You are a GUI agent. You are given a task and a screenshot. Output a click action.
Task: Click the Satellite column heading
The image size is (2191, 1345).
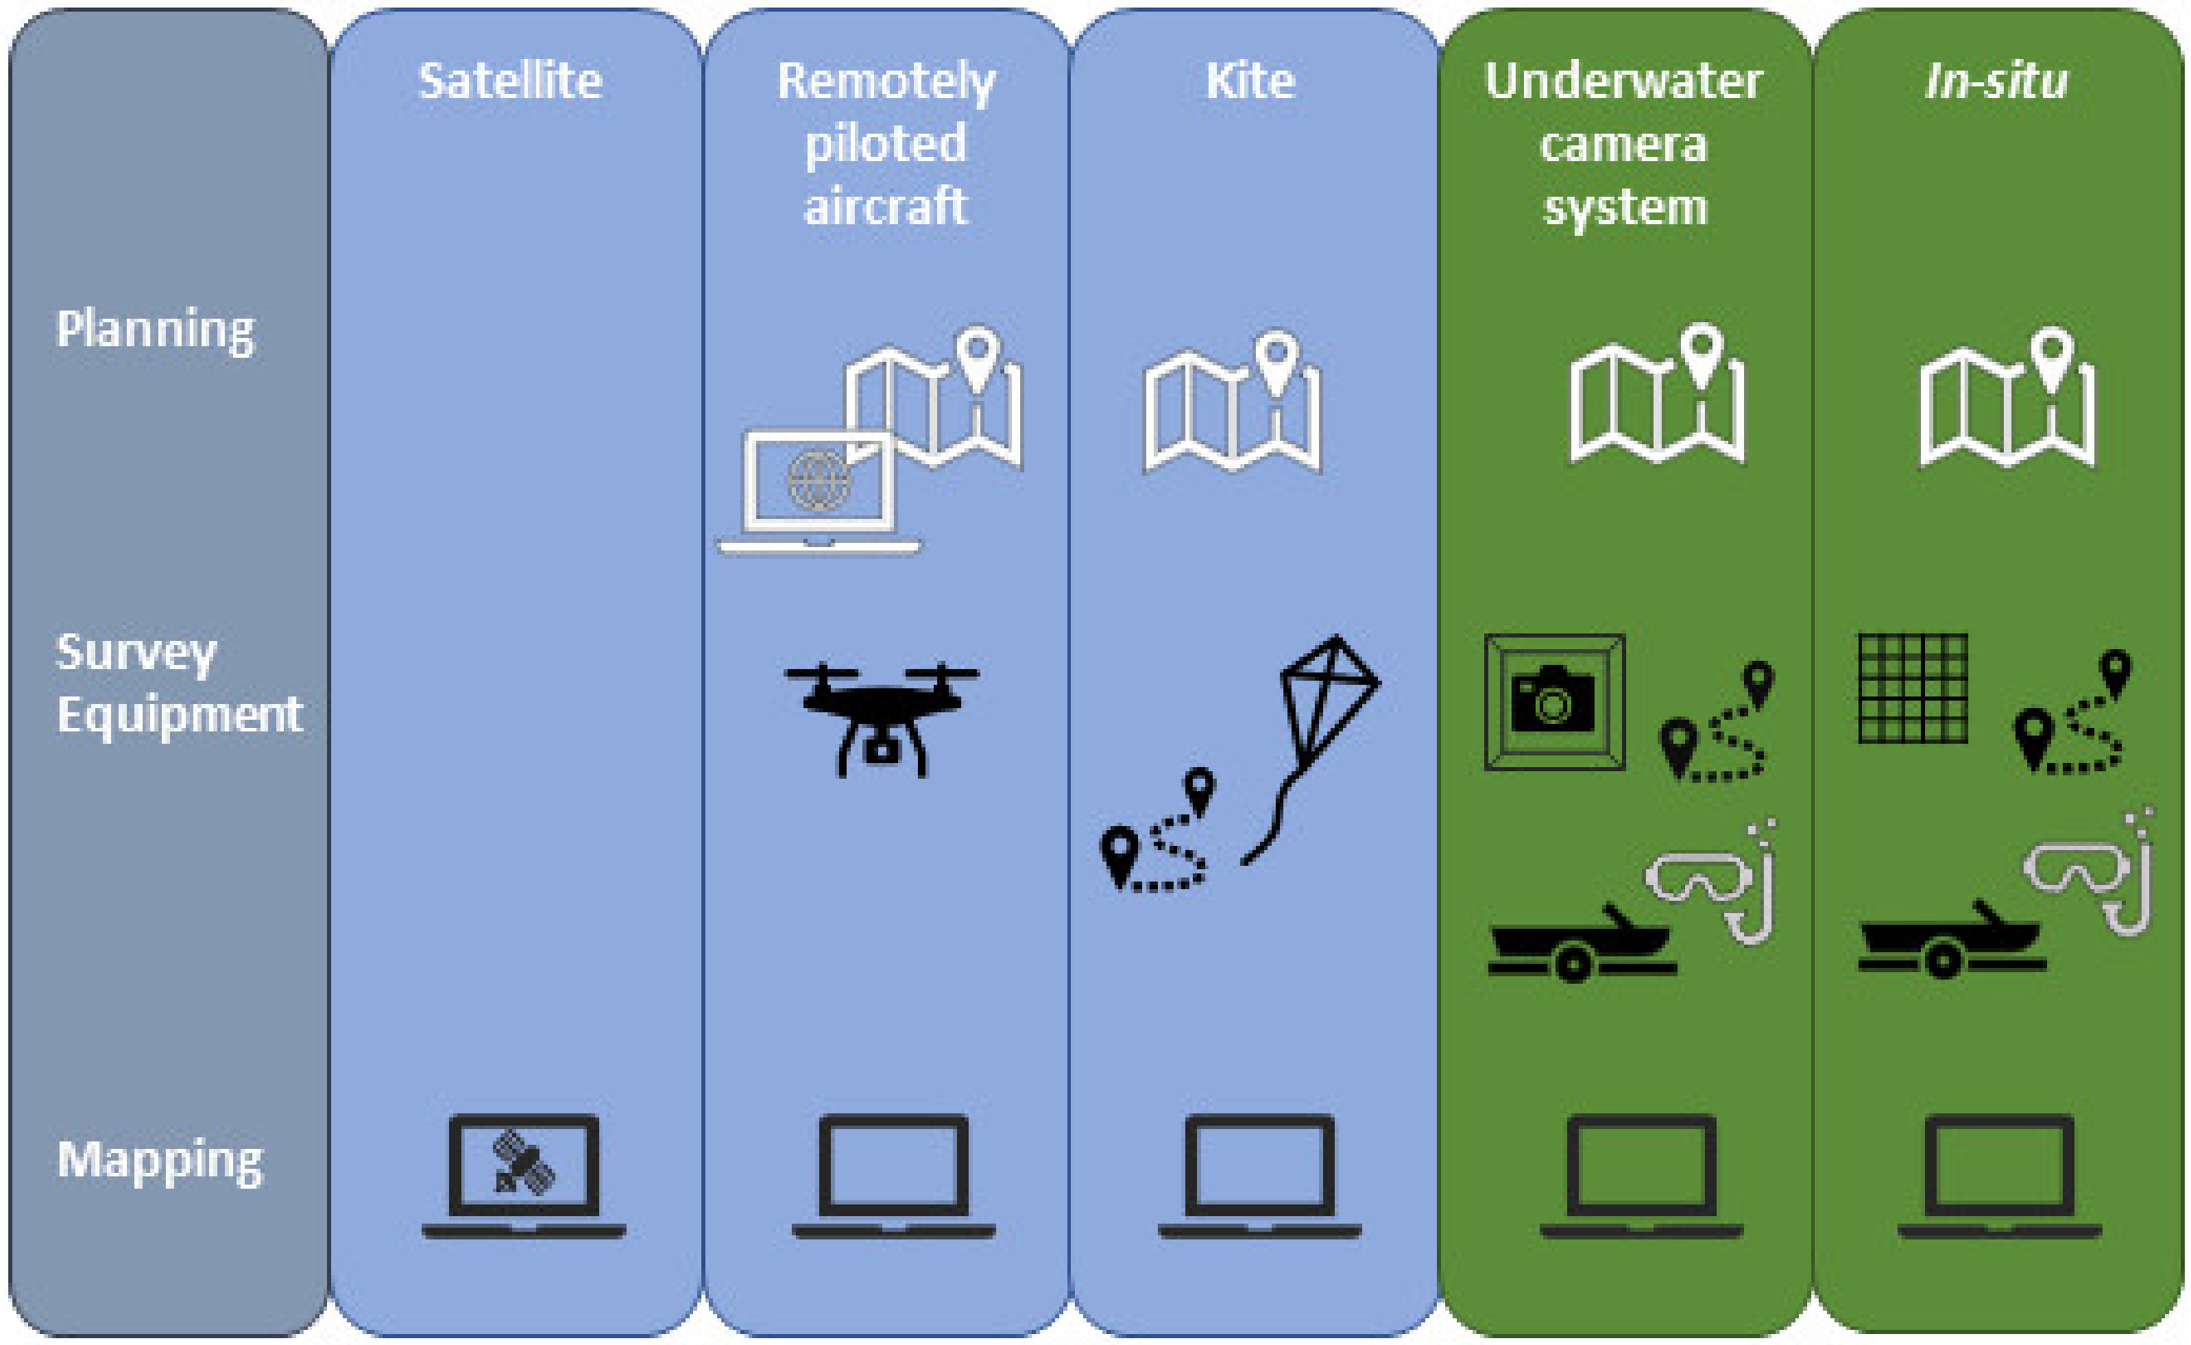click(x=511, y=81)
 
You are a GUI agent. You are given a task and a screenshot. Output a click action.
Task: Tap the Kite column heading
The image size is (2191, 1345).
click(x=1250, y=81)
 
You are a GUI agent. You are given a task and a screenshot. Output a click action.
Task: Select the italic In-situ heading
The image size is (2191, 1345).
click(x=1996, y=81)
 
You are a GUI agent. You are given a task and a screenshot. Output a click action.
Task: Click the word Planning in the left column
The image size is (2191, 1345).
click(x=155, y=329)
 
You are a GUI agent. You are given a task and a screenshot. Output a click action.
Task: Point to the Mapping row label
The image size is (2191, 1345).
click(x=160, y=1161)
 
